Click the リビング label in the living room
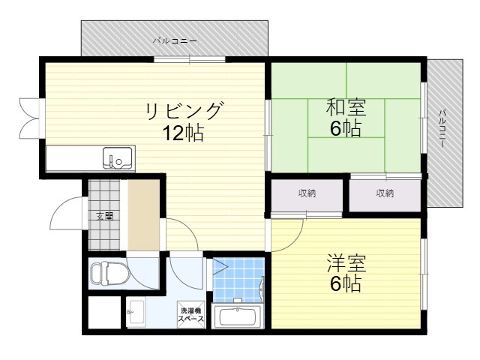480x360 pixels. pos(184,111)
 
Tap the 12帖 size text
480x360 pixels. pos(183,133)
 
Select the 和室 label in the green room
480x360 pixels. pos(346,107)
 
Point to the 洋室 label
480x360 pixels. pos(346,263)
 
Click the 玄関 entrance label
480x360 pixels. pos(105,216)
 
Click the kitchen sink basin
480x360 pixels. pos(118,157)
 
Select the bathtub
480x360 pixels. pos(237,316)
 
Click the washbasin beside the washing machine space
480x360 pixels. pos(135,312)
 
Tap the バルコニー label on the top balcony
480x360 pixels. pos(175,41)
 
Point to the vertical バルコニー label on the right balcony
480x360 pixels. pos(442,128)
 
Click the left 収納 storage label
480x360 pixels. pos(307,193)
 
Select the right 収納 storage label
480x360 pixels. pos(385,193)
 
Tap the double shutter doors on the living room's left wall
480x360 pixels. pos(29,118)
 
